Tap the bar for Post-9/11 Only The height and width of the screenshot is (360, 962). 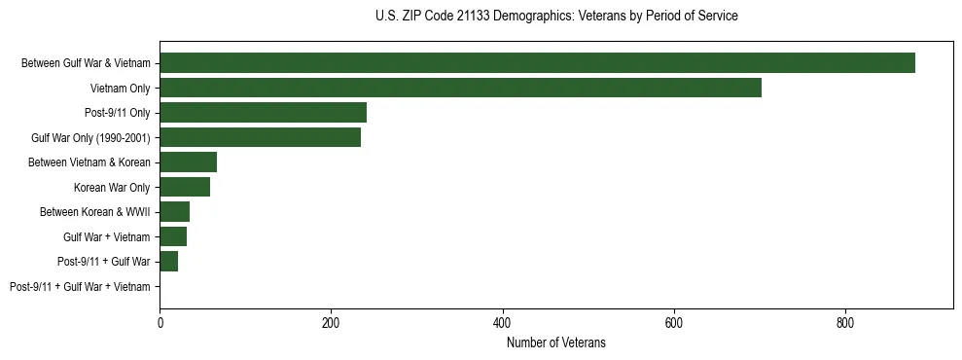(263, 113)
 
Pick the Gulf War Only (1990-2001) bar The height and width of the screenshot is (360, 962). (260, 137)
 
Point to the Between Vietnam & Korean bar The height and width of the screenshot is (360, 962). (188, 162)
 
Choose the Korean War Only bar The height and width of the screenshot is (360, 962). (185, 187)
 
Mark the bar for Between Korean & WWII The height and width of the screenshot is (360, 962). (174, 212)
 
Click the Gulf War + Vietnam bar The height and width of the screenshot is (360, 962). (173, 236)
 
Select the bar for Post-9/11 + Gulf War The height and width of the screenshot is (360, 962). (168, 262)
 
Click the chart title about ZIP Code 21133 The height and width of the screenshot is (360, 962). (556, 17)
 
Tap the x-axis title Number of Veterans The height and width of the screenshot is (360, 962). (556, 342)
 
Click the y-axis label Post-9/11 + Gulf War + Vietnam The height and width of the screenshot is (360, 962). (80, 287)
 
